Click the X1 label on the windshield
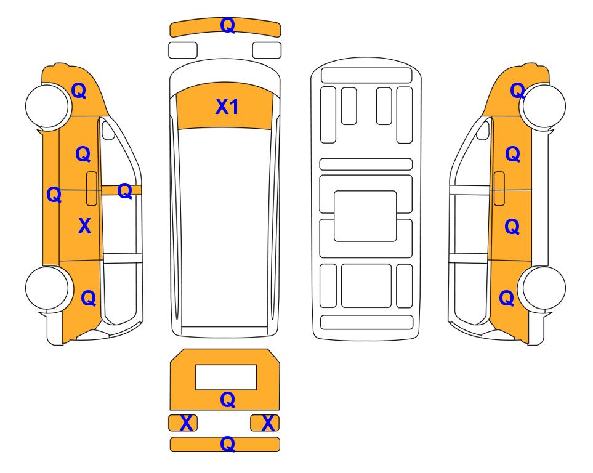227,107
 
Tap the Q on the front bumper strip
228,25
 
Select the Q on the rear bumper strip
228,444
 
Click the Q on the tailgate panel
228,400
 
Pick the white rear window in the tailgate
226,377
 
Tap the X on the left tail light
186,423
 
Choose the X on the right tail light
268,423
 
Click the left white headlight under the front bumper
183,51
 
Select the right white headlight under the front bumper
267,51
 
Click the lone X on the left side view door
85,226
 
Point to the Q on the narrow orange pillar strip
124,191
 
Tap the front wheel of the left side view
47,107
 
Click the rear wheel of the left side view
47,288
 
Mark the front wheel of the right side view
544,107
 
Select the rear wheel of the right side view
544,288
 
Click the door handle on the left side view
92,188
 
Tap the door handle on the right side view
499,188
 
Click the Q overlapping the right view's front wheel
517,91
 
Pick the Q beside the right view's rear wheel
506,298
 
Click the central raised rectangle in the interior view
365,216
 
